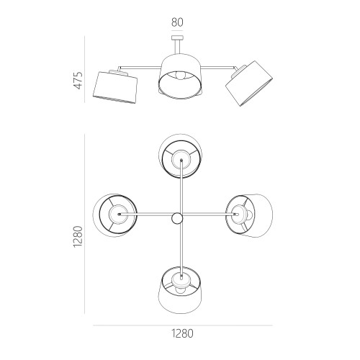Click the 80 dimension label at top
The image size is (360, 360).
pyautogui.click(x=177, y=22)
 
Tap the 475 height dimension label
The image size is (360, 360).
pyautogui.click(x=78, y=81)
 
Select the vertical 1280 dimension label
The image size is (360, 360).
pyautogui.click(x=78, y=237)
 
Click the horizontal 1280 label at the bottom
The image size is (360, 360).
pyautogui.click(x=182, y=333)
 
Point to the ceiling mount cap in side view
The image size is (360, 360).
pyautogui.click(x=177, y=37)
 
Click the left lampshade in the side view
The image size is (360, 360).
pyautogui.click(x=115, y=87)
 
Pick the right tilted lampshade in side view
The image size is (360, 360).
pyautogui.click(x=249, y=84)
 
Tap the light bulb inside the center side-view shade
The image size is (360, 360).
pyautogui.click(x=180, y=75)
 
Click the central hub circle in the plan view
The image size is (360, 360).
pyautogui.click(x=177, y=218)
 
